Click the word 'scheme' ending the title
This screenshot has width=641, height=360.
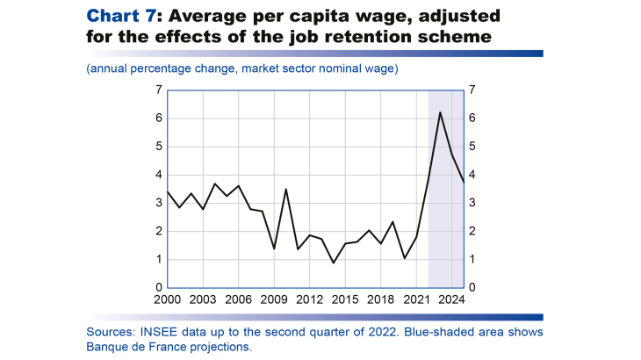point(443,36)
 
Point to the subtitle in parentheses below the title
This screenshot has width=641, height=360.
point(241,68)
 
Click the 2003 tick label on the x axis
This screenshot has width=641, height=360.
point(203,299)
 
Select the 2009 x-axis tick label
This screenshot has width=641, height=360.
point(274,299)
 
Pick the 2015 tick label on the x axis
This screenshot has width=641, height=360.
point(345,299)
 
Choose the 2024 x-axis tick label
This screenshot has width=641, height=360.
point(452,299)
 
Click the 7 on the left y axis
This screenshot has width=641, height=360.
point(158,90)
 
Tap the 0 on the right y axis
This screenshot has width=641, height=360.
point(473,288)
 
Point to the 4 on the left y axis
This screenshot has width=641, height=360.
point(158,175)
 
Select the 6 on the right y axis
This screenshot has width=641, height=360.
point(473,119)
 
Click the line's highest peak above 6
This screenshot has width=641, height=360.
point(440,112)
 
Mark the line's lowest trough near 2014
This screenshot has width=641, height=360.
point(334,263)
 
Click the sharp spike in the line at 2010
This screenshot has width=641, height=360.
point(286,189)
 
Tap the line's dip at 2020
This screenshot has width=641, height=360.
point(404,258)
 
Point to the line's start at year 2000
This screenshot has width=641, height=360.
point(168,191)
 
